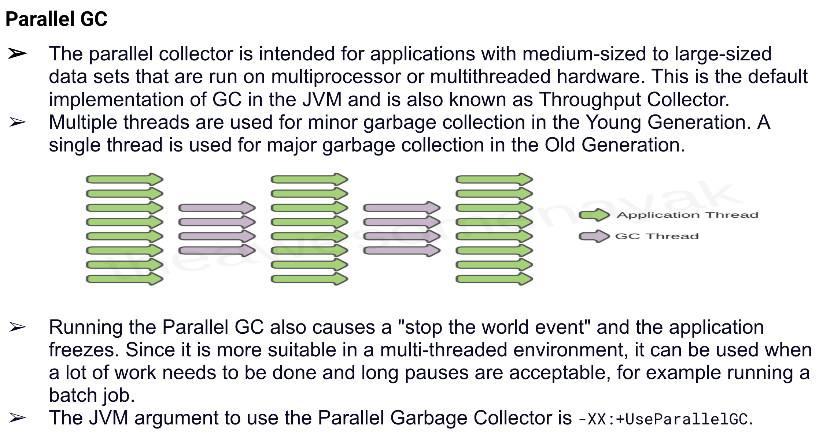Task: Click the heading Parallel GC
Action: tap(56, 19)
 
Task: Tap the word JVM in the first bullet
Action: tap(322, 100)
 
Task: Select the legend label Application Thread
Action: tap(687, 215)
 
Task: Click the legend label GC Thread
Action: tap(657, 236)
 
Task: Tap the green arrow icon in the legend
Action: tap(594, 215)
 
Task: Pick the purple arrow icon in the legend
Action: tap(594, 236)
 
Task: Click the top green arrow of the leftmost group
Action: tap(124, 179)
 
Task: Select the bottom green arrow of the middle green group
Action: tap(309, 279)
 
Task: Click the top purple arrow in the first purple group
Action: tap(217, 208)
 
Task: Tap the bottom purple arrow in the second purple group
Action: tap(402, 251)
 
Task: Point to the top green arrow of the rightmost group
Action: tap(494, 179)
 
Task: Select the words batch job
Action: tap(92, 396)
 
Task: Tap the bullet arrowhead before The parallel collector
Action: tap(17, 54)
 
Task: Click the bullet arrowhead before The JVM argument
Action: tap(17, 417)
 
